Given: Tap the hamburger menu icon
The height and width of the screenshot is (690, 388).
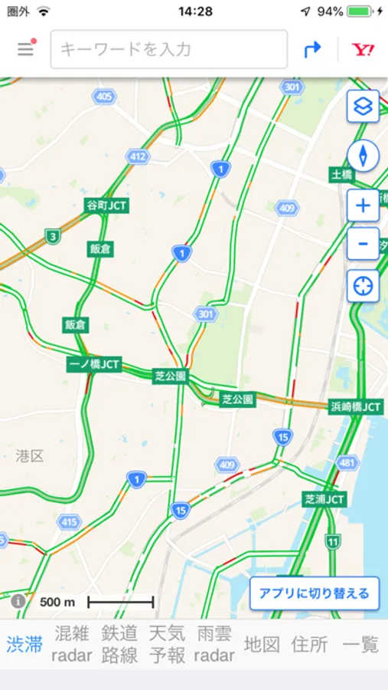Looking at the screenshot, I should coord(26,50).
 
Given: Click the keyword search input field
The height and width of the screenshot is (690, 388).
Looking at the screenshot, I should coord(168,50).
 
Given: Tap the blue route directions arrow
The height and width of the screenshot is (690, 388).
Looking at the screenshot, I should coord(312,50).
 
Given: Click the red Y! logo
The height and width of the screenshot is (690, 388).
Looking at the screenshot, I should coord(363,50).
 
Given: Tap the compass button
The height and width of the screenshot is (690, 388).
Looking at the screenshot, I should coord(363,156).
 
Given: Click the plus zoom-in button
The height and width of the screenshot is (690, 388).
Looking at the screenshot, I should coord(363,205).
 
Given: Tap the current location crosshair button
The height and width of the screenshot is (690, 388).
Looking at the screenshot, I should coord(363,286).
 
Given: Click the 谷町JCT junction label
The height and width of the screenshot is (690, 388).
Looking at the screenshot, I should coord(107,205).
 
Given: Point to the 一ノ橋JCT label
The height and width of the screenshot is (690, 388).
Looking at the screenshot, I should coord(94,364).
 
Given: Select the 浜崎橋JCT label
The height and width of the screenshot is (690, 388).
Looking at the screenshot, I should coord(355,406).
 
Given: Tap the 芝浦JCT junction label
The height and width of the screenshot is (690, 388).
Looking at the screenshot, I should coord(324,499).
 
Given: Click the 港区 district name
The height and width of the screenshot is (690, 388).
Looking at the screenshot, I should coord(30,456).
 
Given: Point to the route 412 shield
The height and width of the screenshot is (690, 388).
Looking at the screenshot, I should coord(138,157).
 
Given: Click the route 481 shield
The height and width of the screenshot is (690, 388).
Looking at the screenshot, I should coord(347,462).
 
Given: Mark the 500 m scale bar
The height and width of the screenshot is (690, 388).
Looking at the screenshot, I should coord(120,602).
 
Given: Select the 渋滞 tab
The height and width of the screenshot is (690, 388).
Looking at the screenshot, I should coord(24,644).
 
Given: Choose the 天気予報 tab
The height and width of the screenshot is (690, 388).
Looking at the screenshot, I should coord(167,644).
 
